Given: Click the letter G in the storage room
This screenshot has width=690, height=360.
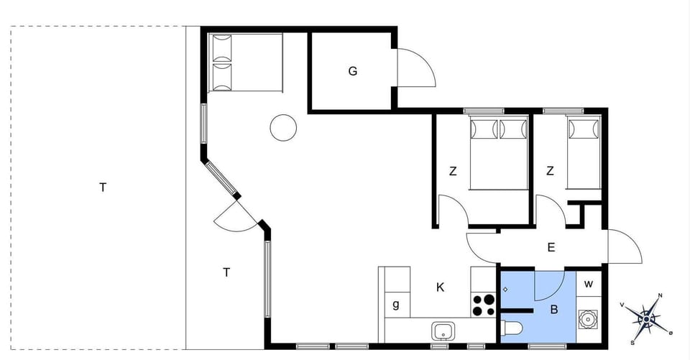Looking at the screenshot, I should tap(353, 71).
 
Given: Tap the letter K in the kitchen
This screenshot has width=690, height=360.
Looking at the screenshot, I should tap(441, 287).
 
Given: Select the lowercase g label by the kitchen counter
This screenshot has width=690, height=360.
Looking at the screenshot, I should tap(396, 305).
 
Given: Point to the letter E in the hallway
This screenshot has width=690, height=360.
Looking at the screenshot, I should tap(551, 248).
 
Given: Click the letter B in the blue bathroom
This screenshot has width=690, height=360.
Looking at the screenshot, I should tap(554, 310).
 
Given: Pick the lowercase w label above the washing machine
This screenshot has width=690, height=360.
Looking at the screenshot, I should tap(589, 284).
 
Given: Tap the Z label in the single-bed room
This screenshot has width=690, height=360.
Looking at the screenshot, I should tap(550, 171).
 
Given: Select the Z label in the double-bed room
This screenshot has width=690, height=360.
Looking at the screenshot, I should tap(453, 171).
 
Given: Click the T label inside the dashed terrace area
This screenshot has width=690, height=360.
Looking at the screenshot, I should tap(103, 188).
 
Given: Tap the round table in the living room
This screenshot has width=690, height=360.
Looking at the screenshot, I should tap(283, 129).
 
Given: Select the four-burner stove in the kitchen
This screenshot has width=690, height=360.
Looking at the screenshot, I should tap(484, 305).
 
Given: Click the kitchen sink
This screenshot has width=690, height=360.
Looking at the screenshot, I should tap(443, 331).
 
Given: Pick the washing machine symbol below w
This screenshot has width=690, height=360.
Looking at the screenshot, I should tap(589, 318).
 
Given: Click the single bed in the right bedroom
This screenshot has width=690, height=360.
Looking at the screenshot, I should tap(584, 152).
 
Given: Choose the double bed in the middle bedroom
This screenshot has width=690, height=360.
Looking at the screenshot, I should tap(498, 153).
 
